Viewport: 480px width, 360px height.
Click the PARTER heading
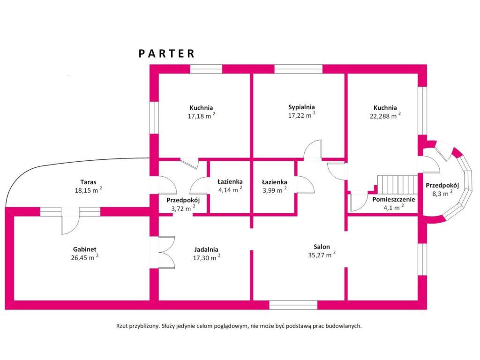click(166, 53)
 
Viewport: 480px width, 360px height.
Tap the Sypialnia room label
click(301, 107)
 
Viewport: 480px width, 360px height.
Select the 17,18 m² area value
click(202, 116)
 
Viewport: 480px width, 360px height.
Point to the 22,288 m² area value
click(385, 116)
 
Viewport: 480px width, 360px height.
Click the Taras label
click(89, 182)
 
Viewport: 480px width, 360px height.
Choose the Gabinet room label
click(85, 249)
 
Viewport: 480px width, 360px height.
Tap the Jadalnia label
click(206, 249)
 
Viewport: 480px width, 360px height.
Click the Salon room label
click(322, 247)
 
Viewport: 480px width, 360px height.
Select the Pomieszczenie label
click(394, 200)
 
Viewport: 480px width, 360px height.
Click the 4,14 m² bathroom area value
click(230, 190)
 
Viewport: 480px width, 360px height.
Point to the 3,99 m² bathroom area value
click(275, 190)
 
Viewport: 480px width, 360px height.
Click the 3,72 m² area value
click(183, 209)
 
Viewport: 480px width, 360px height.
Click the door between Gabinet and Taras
click(70, 220)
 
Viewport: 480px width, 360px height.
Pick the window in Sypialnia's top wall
click(299, 69)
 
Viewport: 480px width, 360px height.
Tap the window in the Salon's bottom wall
click(293, 305)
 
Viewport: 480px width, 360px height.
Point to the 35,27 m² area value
click(322, 255)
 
